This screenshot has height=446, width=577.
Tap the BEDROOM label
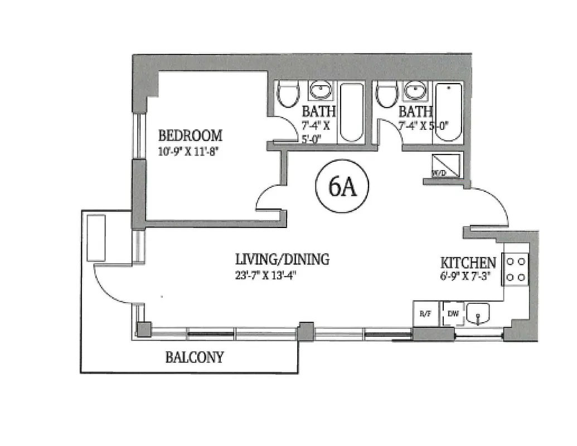click(x=190, y=135)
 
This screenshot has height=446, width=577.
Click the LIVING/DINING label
click(x=282, y=259)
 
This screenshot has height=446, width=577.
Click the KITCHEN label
click(x=468, y=263)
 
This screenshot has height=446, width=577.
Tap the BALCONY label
click(x=195, y=357)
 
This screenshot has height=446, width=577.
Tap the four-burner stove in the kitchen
click(x=516, y=269)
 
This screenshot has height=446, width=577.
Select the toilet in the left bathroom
click(x=288, y=95)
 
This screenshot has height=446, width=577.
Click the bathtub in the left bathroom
click(x=351, y=113)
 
